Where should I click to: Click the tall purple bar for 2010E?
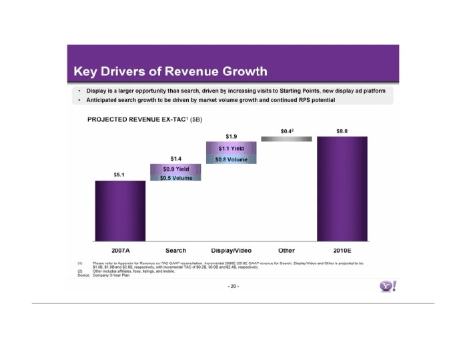pyautogui.click(x=342, y=189)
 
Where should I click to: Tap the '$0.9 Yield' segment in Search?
pyautogui.click(x=175, y=169)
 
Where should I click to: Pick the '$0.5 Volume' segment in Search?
pyautogui.click(x=175, y=178)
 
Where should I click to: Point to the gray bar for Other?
pyautogui.click(x=286, y=139)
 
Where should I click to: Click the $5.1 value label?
pyautogui.click(x=120, y=175)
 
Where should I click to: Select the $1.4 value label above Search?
pyautogui.click(x=175, y=158)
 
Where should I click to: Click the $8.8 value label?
pyautogui.click(x=342, y=131)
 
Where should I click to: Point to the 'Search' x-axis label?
pyautogui.click(x=175, y=250)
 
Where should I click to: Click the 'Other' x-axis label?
pyautogui.click(x=286, y=250)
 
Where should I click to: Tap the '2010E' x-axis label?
pyautogui.click(x=342, y=250)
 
